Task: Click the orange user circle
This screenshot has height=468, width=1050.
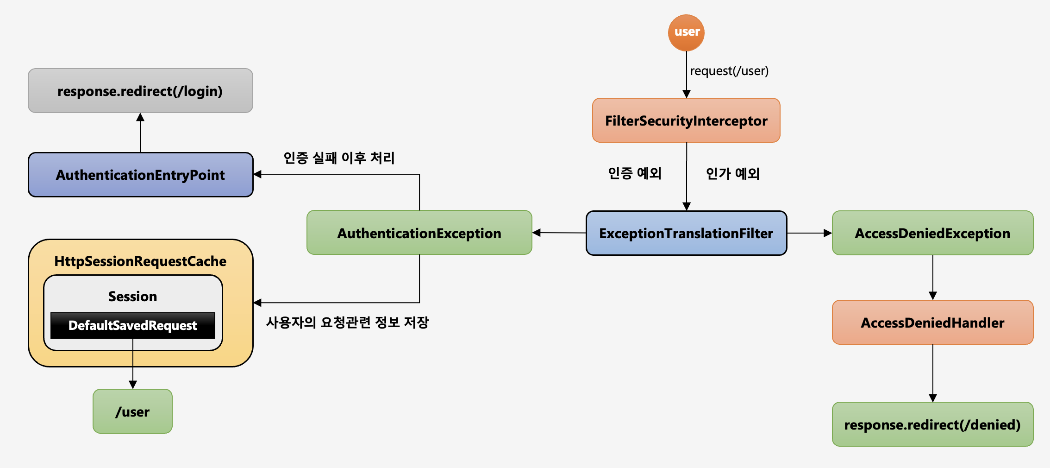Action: click(686, 32)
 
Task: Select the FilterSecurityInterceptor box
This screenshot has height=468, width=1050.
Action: click(686, 120)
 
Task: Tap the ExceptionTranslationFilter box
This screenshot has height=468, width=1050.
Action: click(686, 233)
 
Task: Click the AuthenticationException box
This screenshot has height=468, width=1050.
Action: click(419, 233)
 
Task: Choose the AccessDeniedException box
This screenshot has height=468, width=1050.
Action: click(932, 233)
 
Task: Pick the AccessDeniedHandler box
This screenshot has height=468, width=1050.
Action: click(932, 323)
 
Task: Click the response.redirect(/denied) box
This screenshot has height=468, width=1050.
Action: click(932, 424)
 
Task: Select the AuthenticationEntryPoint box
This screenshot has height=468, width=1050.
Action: click(140, 175)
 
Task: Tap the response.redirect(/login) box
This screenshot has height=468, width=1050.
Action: click(140, 91)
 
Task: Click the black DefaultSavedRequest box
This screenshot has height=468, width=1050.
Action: click(132, 325)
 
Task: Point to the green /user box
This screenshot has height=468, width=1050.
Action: click(132, 411)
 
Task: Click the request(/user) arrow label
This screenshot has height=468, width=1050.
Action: click(729, 71)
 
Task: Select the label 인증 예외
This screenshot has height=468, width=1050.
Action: click(635, 173)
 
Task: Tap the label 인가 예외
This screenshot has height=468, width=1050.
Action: click(732, 174)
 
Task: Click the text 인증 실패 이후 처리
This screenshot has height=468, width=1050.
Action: click(339, 158)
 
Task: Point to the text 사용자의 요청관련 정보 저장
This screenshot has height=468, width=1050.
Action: click(347, 322)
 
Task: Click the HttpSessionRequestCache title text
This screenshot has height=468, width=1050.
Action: click(140, 261)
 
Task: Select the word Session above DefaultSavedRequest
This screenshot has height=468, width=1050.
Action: click(132, 297)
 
